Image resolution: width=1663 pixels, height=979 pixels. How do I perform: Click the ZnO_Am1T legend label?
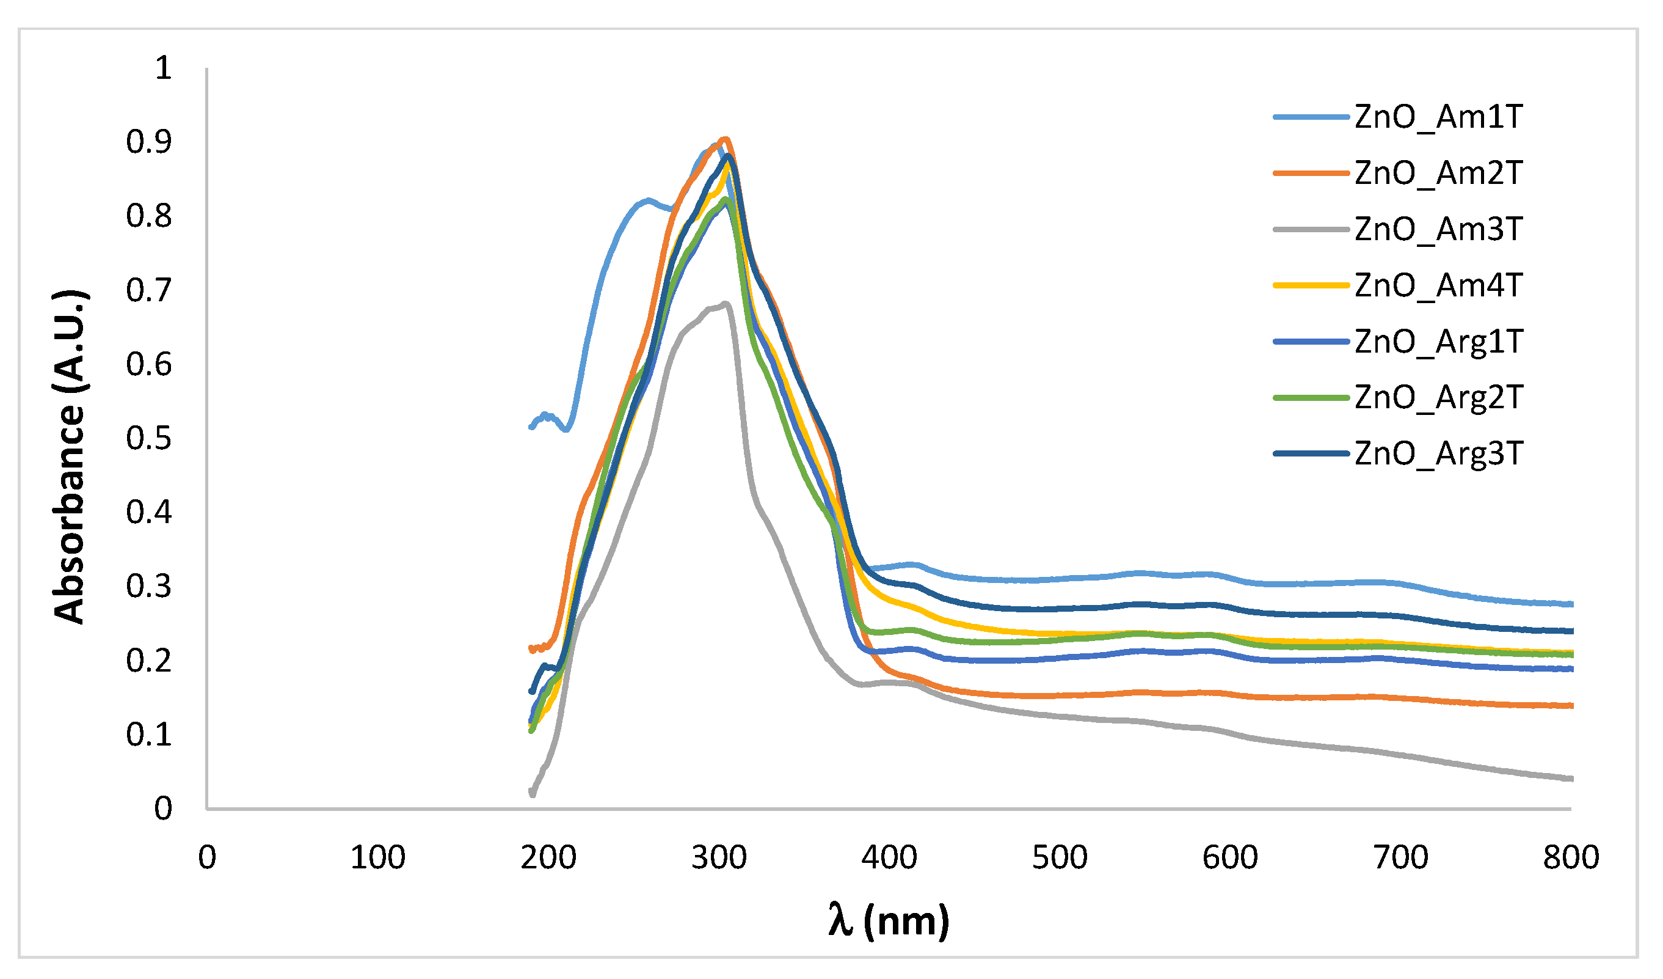coord(1438,117)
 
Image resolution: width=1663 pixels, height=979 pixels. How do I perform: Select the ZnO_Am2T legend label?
coord(1438,174)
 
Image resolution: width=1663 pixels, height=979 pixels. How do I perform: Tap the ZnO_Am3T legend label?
coord(1438,230)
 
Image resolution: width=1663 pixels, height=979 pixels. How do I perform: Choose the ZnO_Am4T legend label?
coord(1438,286)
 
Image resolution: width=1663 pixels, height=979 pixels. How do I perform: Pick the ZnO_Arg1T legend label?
coord(1439,342)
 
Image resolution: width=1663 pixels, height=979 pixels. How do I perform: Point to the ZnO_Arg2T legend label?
coord(1439,398)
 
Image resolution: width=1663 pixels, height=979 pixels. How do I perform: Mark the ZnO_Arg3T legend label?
coord(1439,454)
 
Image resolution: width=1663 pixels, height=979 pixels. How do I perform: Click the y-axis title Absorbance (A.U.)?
coord(69,457)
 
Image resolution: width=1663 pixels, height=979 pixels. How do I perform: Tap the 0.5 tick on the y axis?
coord(149,438)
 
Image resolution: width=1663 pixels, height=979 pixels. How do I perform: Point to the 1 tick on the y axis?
coord(163,68)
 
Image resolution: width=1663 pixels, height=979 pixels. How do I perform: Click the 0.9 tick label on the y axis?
coord(149,142)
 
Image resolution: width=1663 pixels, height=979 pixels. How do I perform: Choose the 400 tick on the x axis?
coord(890,857)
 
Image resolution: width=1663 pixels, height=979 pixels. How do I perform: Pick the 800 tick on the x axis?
coord(1571,857)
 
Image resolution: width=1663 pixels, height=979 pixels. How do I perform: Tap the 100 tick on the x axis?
coord(377,857)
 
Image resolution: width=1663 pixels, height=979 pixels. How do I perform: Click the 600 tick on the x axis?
coord(1231,857)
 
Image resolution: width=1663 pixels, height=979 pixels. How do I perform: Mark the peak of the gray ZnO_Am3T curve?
coord(726,304)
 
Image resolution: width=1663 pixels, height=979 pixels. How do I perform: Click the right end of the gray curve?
coord(1572,779)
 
